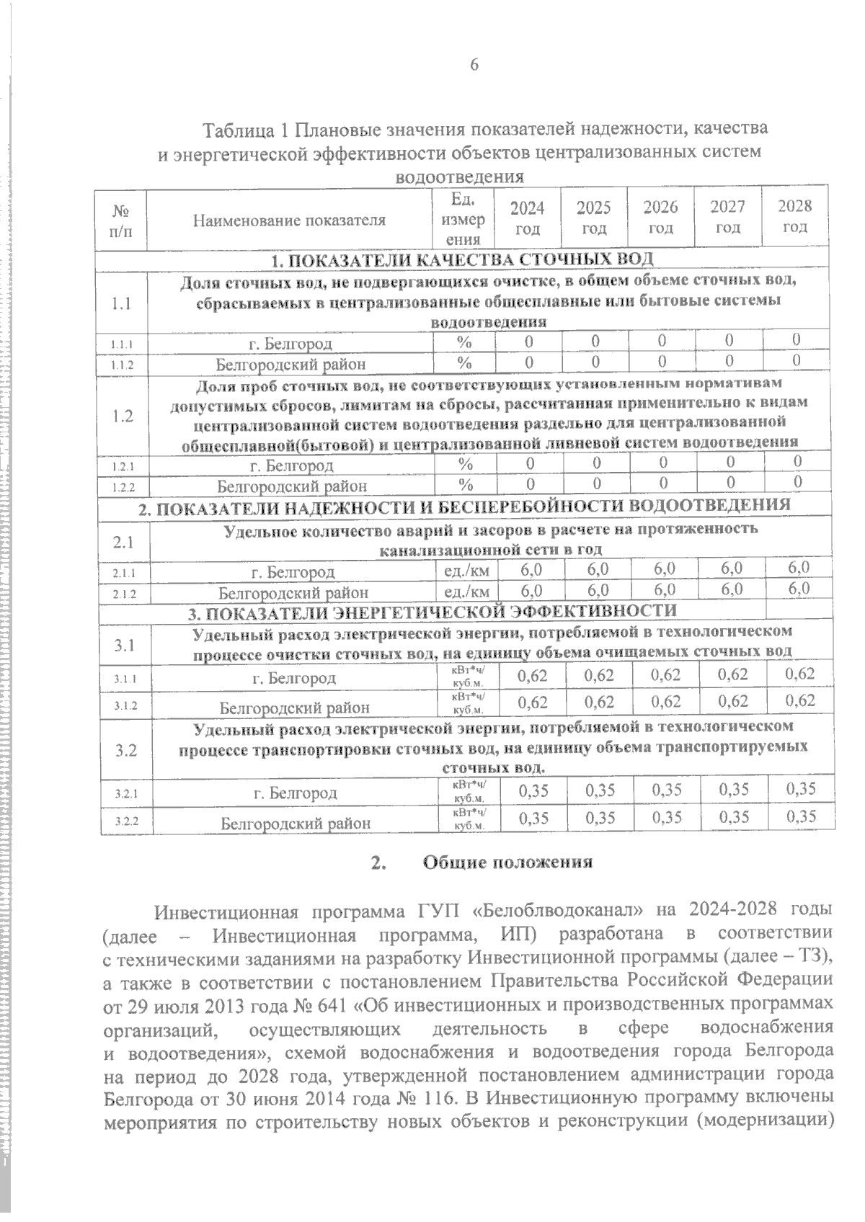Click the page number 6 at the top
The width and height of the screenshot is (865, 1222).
click(x=474, y=65)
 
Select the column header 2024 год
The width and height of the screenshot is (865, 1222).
click(x=527, y=218)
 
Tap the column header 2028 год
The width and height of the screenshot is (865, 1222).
click(x=795, y=216)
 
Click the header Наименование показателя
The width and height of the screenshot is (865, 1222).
click(x=289, y=220)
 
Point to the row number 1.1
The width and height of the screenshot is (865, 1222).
click(x=122, y=303)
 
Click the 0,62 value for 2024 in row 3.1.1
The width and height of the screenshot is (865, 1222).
click(x=533, y=676)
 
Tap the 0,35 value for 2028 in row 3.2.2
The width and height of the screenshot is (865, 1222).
click(x=800, y=816)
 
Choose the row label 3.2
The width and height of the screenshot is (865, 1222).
click(x=125, y=750)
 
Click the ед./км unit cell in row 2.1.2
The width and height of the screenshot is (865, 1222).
click(x=464, y=592)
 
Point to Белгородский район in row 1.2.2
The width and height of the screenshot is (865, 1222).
click(x=292, y=486)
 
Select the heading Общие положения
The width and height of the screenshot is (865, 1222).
click(x=507, y=862)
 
